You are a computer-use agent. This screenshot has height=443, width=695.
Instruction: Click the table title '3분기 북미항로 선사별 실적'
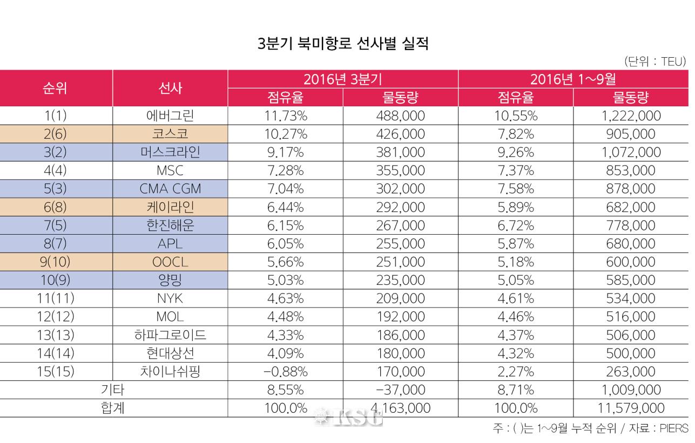point(343,44)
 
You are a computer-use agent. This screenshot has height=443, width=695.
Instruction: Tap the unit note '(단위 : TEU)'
point(654,62)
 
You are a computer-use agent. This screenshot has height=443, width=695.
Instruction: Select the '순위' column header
point(56,88)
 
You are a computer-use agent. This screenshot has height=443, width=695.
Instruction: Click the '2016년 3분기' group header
point(342,79)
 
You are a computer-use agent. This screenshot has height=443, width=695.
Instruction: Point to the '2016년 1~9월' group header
point(573,79)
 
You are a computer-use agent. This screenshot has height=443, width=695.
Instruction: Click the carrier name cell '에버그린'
point(170,115)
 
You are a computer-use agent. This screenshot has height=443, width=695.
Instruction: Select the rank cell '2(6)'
point(56,134)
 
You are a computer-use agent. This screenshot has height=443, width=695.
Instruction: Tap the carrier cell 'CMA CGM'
point(170,188)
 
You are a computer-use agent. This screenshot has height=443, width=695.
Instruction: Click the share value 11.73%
point(285,115)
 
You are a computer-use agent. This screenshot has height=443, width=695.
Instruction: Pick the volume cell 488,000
point(400,115)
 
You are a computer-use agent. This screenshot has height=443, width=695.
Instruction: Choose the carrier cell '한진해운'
point(170,225)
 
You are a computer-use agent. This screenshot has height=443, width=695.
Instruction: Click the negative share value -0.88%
point(285,371)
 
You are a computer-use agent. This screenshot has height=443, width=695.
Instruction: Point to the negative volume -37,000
point(400,390)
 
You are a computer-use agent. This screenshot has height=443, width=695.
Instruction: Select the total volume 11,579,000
point(630,408)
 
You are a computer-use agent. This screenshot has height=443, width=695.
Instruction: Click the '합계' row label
point(113,408)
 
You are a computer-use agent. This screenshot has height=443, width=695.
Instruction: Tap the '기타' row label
point(113,390)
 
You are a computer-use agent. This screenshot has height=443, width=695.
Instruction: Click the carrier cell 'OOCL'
point(170,262)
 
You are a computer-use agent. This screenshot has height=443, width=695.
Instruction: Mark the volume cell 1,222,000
point(630,115)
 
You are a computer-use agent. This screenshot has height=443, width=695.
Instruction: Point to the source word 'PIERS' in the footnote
point(674,429)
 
